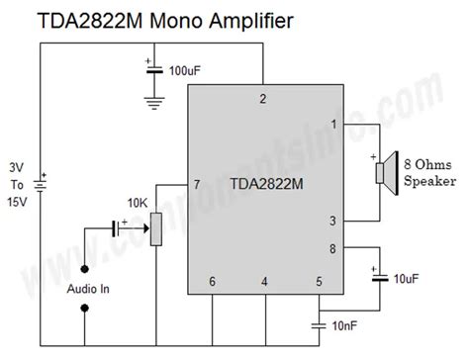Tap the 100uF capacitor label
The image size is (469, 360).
(x=188, y=72)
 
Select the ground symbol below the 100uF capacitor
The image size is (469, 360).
(x=152, y=101)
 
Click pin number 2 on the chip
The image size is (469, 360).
(x=262, y=99)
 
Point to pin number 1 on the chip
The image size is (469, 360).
(x=333, y=125)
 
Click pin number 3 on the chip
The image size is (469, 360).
(x=333, y=221)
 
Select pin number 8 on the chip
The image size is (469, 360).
(x=333, y=249)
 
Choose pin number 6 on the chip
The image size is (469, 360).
(x=212, y=282)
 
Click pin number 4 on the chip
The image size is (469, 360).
(x=264, y=282)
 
